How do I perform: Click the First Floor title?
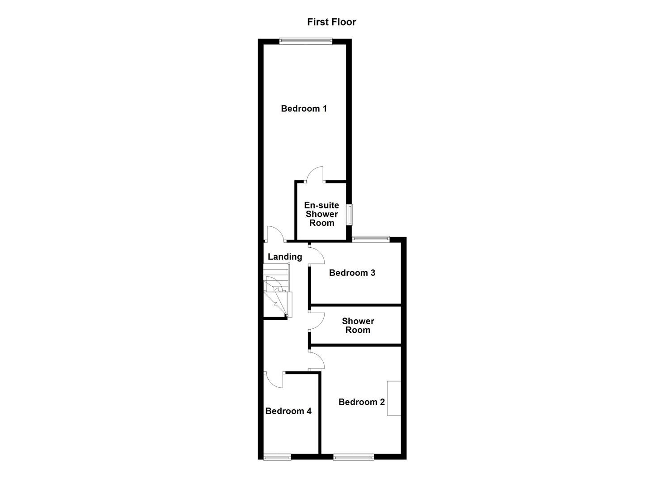[331, 22]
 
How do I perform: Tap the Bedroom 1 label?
[304, 108]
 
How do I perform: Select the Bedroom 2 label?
[361, 402]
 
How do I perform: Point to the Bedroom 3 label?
[352, 273]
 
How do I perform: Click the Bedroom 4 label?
[288, 411]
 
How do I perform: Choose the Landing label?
[285, 257]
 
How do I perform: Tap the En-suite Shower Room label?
[321, 214]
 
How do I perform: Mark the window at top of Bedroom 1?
[305, 42]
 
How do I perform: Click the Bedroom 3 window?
[371, 239]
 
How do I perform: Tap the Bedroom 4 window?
[277, 457]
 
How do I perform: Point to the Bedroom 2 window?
[353, 457]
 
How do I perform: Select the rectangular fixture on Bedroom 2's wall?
[394, 398]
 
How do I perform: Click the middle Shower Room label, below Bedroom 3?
[358, 326]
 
